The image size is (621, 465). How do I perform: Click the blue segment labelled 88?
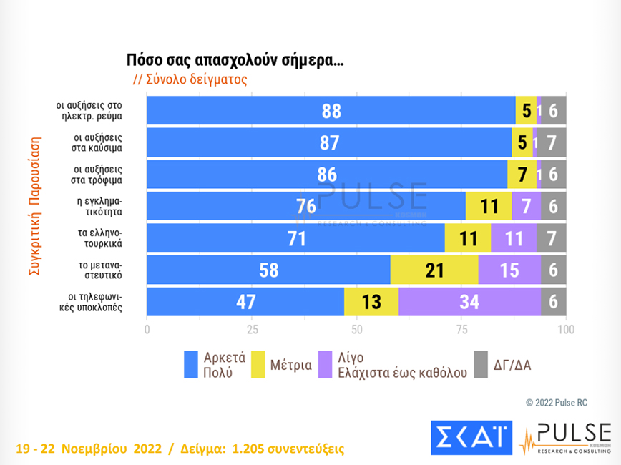[331, 112]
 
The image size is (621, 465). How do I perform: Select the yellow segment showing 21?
[434, 270]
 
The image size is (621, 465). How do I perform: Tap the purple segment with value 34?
[469, 302]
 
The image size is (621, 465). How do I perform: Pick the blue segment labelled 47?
[245, 302]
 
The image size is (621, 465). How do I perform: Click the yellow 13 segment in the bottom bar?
[371, 302]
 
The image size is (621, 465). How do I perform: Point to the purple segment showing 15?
[509, 270]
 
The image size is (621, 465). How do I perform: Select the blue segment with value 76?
[306, 207]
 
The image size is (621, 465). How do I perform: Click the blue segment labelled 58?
[268, 270]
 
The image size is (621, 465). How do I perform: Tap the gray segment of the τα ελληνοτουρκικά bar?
[552, 238]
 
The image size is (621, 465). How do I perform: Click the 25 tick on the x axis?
[252, 330]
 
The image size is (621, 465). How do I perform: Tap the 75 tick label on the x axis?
[461, 330]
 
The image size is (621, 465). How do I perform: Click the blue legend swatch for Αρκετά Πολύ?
[191, 365]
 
